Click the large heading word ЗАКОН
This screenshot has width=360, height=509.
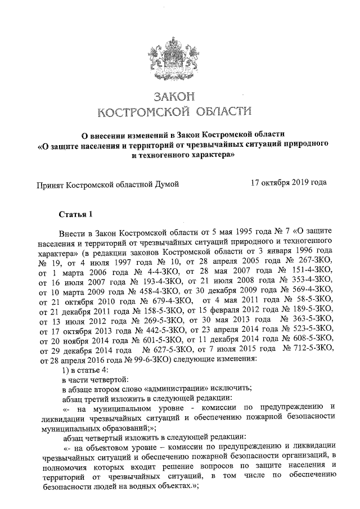[179, 97]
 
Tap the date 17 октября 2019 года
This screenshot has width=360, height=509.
[289, 183]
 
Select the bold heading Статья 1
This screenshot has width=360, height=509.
[74, 214]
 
